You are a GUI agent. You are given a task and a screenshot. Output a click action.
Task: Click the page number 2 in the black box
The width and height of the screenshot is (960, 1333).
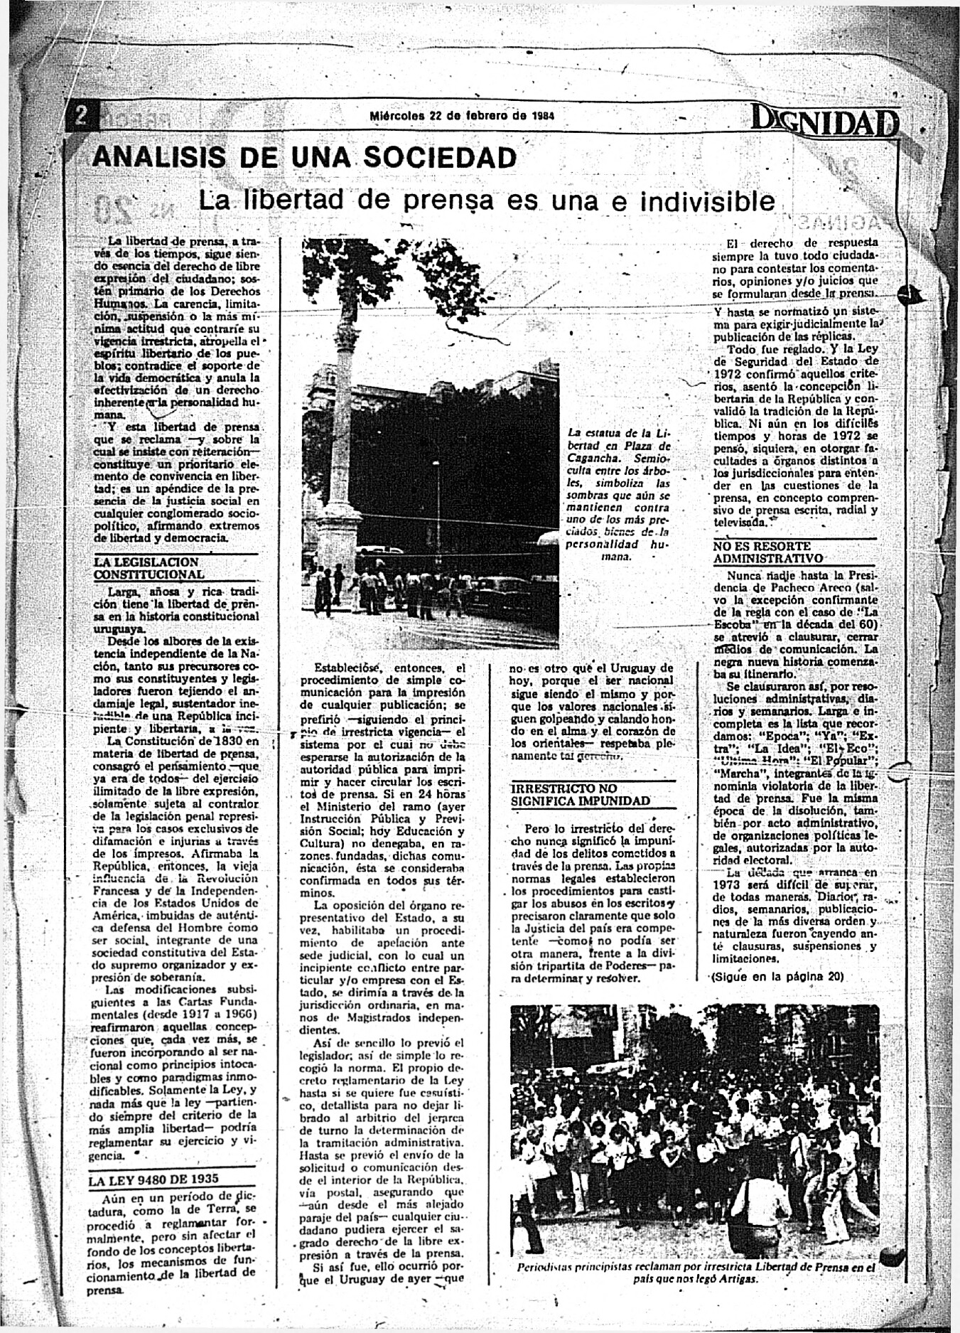(x=82, y=117)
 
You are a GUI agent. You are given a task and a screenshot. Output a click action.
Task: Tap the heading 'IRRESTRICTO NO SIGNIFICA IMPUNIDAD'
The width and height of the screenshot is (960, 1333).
(x=581, y=794)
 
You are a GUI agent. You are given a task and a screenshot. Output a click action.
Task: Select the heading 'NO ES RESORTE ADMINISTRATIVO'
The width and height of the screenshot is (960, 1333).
(x=767, y=552)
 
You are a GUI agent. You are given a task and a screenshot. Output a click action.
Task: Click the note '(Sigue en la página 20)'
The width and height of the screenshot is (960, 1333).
(x=777, y=977)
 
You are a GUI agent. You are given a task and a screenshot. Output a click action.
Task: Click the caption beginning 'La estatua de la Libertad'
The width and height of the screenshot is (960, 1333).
(x=618, y=495)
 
